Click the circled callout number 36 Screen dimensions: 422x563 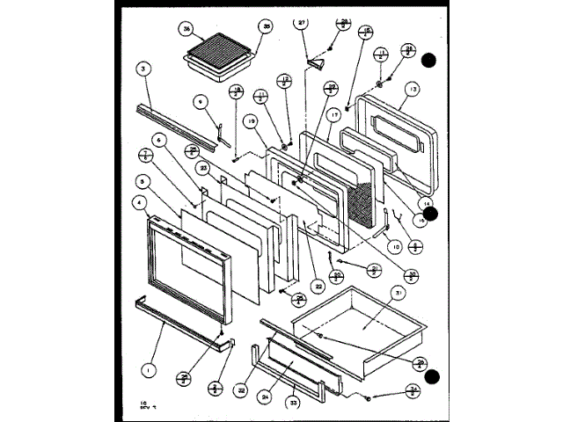click(186, 29)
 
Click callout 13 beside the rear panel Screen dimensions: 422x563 click(413, 89)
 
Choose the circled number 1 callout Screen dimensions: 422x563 click(149, 371)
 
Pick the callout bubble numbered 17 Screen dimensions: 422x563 click(333, 115)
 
